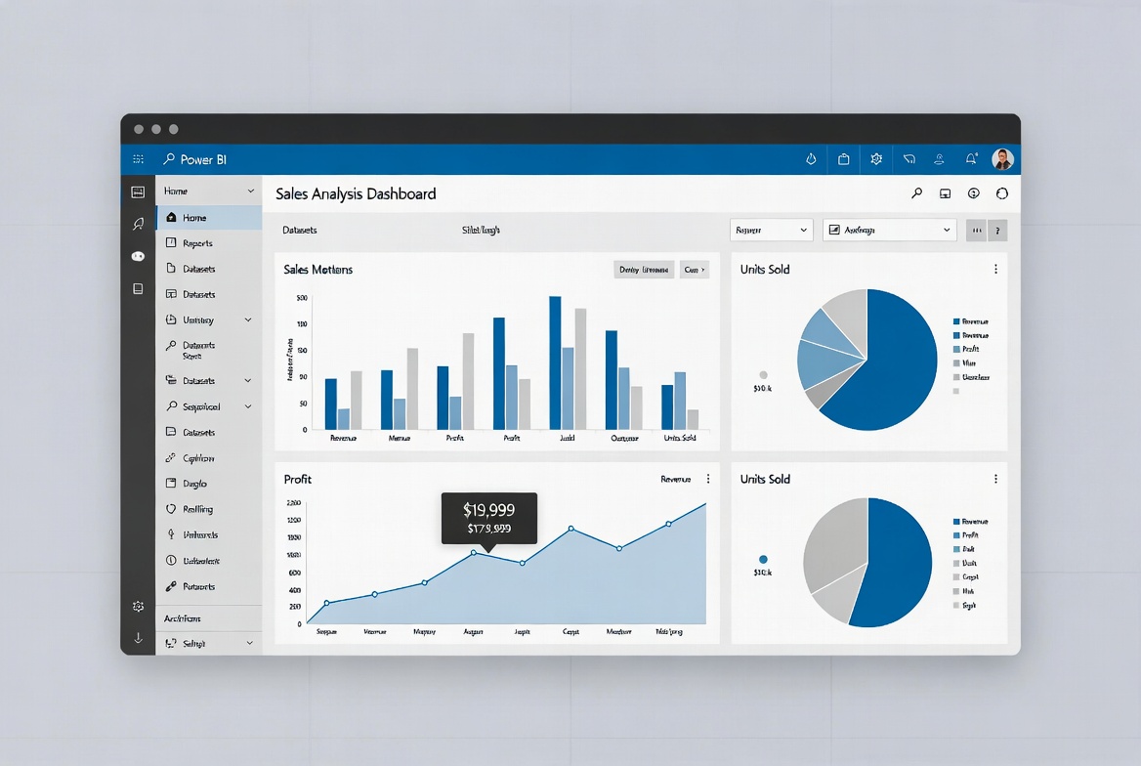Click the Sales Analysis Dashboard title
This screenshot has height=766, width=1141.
click(356, 193)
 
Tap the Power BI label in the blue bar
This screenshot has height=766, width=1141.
click(203, 159)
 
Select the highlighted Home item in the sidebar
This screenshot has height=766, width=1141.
click(194, 218)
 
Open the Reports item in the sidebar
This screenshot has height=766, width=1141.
click(197, 243)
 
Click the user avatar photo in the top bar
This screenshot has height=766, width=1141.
click(1002, 159)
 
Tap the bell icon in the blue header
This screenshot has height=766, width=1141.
click(971, 159)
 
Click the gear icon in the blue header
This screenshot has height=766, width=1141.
click(876, 159)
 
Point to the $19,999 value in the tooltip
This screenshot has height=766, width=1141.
click(488, 509)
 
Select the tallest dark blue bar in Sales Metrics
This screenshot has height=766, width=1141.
click(555, 362)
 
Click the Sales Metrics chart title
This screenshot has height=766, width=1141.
click(318, 269)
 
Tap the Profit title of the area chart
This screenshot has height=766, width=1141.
click(298, 479)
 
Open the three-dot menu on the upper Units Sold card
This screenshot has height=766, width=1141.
click(995, 269)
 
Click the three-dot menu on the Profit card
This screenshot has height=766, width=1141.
click(708, 479)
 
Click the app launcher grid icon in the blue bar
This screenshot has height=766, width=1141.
click(139, 159)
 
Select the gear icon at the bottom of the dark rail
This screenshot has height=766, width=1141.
click(138, 607)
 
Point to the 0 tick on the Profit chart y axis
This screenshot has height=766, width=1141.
click(297, 623)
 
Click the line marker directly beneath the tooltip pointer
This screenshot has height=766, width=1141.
click(474, 553)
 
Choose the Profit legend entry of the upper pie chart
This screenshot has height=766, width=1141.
click(970, 349)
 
